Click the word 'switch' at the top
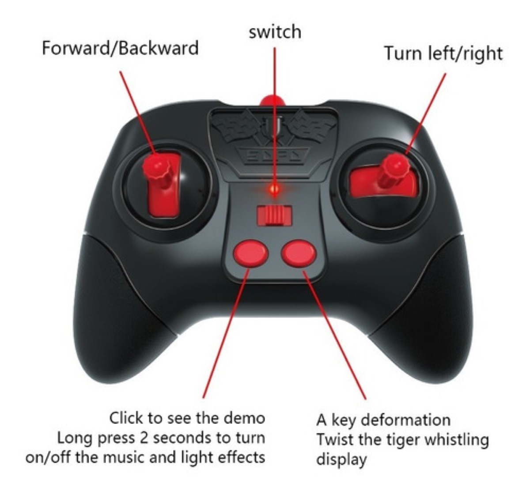pos(275,32)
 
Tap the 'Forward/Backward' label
pos(121,48)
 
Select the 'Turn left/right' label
pos(443,53)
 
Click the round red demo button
pos(250,253)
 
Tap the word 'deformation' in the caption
pos(407,420)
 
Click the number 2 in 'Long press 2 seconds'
pos(144,438)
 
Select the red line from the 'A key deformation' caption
pos(334,335)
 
